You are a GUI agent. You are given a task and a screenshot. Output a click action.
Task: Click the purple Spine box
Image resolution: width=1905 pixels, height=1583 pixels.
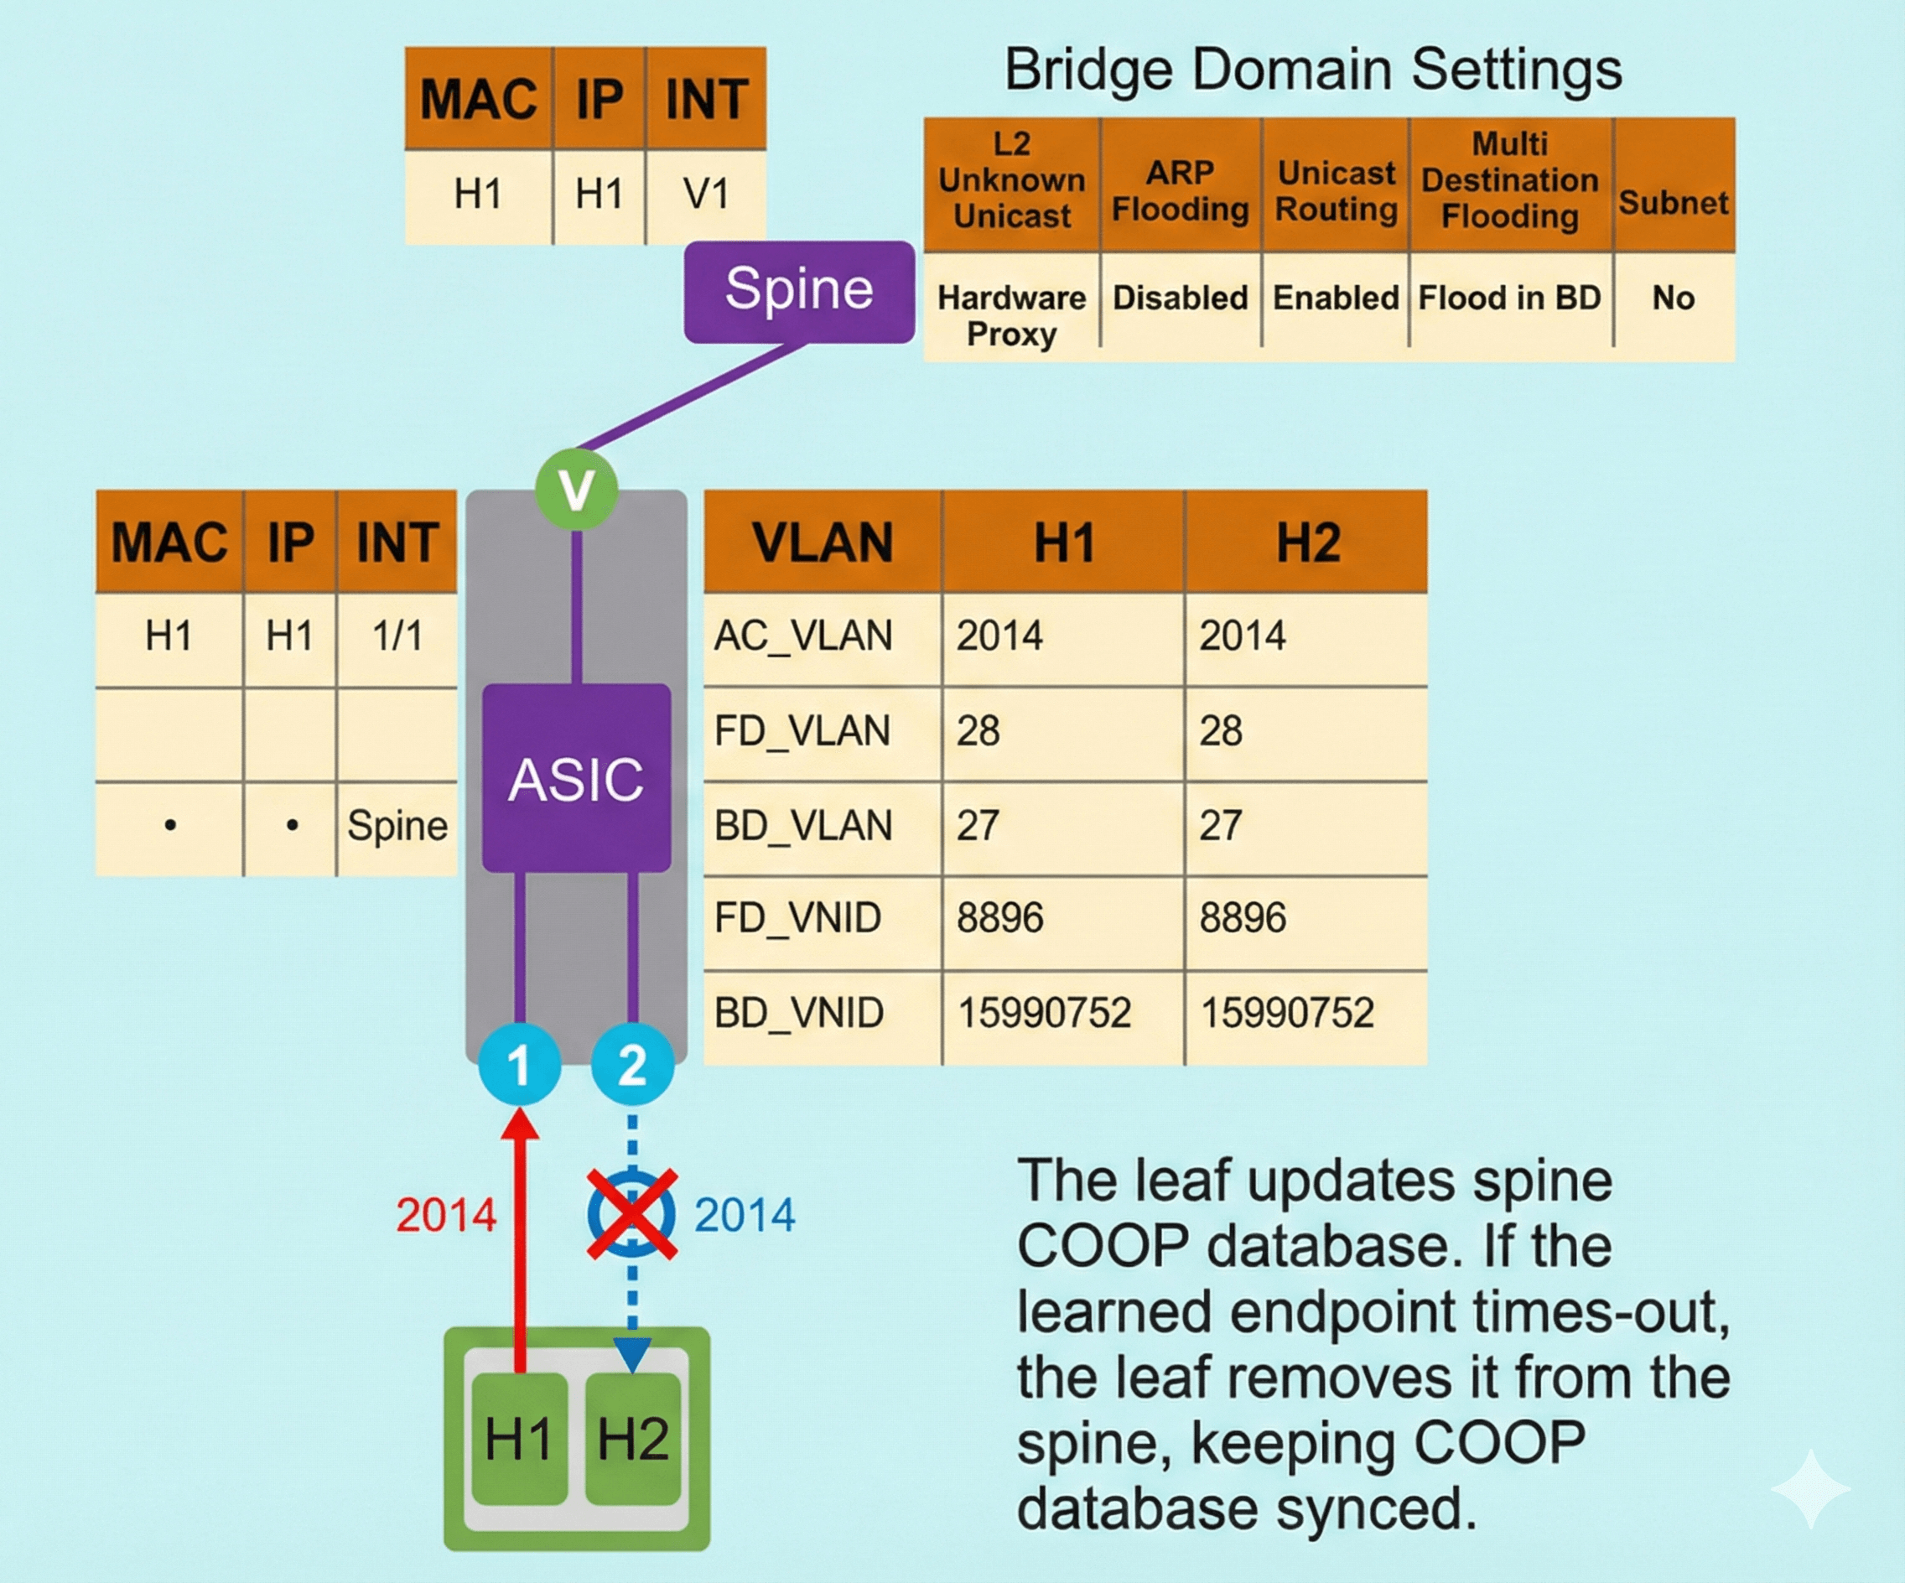[x=798, y=291]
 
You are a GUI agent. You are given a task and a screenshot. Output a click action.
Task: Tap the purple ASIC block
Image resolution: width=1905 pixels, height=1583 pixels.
[x=576, y=778]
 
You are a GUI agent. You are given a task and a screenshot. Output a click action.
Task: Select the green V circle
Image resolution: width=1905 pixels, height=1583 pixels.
[x=576, y=489]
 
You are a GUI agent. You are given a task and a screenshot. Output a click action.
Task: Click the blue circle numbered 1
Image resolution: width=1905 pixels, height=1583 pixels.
[x=519, y=1064]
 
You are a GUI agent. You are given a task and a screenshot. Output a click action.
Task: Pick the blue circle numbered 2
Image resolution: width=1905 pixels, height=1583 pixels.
[x=632, y=1064]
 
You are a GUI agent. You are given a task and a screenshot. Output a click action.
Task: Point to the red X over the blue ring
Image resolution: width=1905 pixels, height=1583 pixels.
[x=631, y=1214]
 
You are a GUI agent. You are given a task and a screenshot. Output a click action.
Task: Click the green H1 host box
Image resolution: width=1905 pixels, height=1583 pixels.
[x=519, y=1438]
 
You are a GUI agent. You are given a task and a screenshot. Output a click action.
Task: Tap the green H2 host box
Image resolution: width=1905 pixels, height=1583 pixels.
[x=633, y=1438]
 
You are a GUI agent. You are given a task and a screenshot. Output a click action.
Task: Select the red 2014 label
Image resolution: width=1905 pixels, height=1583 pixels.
[x=446, y=1215]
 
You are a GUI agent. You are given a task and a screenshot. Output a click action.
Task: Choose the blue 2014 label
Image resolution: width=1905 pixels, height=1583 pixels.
[x=744, y=1215]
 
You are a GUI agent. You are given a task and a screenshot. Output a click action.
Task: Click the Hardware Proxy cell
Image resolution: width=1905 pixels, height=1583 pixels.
[x=1011, y=314]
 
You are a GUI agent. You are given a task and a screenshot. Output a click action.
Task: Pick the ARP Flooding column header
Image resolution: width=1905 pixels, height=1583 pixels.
[x=1181, y=190]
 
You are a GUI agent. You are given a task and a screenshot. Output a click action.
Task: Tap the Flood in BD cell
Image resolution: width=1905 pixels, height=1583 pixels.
[x=1509, y=298]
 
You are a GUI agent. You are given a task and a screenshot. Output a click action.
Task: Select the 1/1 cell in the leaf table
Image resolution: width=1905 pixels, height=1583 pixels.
[x=397, y=636]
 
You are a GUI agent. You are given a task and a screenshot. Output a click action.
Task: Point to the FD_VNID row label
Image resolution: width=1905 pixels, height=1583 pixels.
[x=797, y=918]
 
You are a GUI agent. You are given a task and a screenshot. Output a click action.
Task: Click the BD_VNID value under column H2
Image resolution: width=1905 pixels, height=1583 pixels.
[x=1287, y=1012]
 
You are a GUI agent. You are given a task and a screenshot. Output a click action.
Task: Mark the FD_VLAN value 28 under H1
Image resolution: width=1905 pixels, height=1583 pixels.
[x=978, y=731]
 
